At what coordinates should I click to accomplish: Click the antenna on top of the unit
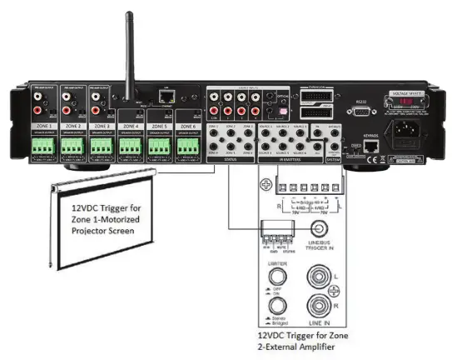pyautogui.click(x=130, y=50)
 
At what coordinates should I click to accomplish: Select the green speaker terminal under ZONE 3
pyautogui.click(x=101, y=147)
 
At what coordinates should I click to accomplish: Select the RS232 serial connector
pyautogui.click(x=360, y=112)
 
